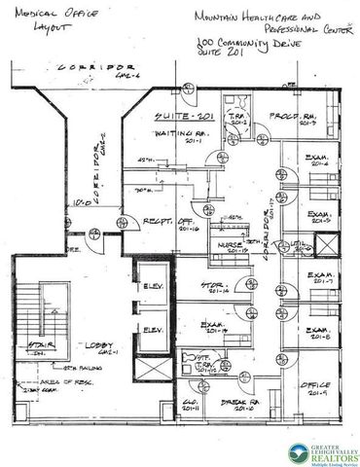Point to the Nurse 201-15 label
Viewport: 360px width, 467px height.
234,244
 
